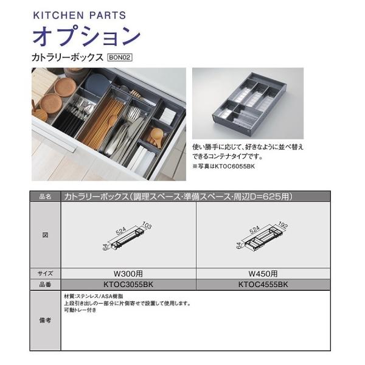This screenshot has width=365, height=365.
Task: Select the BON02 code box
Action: point(119,58)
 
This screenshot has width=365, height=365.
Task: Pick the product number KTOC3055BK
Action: point(128,284)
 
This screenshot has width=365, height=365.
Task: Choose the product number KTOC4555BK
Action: point(263,284)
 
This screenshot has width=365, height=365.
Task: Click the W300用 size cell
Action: point(128,273)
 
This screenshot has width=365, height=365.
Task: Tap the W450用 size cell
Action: point(263,273)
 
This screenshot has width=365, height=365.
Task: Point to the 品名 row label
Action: point(45,197)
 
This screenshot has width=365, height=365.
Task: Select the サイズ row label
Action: point(45,273)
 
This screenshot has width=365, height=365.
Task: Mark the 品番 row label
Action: point(45,284)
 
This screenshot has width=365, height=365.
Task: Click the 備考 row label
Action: point(45,320)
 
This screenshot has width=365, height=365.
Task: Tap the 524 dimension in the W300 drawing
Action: point(123,229)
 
